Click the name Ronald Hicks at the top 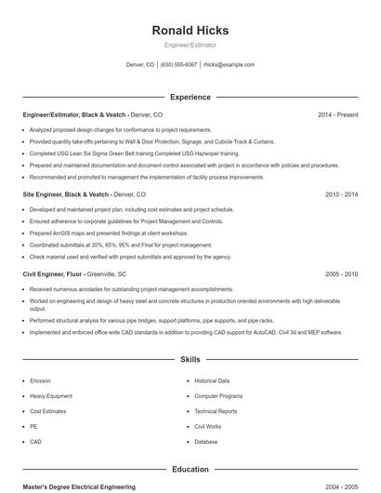[190, 31]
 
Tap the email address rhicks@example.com [229, 65]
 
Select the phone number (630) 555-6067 [178, 65]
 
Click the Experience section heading [190, 97]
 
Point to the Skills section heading [190, 359]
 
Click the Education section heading [190, 470]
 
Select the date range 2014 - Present [337, 115]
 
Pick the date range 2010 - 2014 [341, 195]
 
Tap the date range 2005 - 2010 [341, 275]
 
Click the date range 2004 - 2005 [341, 487]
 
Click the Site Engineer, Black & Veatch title [66, 195]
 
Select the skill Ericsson [40, 381]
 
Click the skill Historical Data [212, 381]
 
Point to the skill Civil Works [207, 427]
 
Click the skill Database [206, 442]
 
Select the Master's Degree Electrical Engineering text [79, 487]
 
